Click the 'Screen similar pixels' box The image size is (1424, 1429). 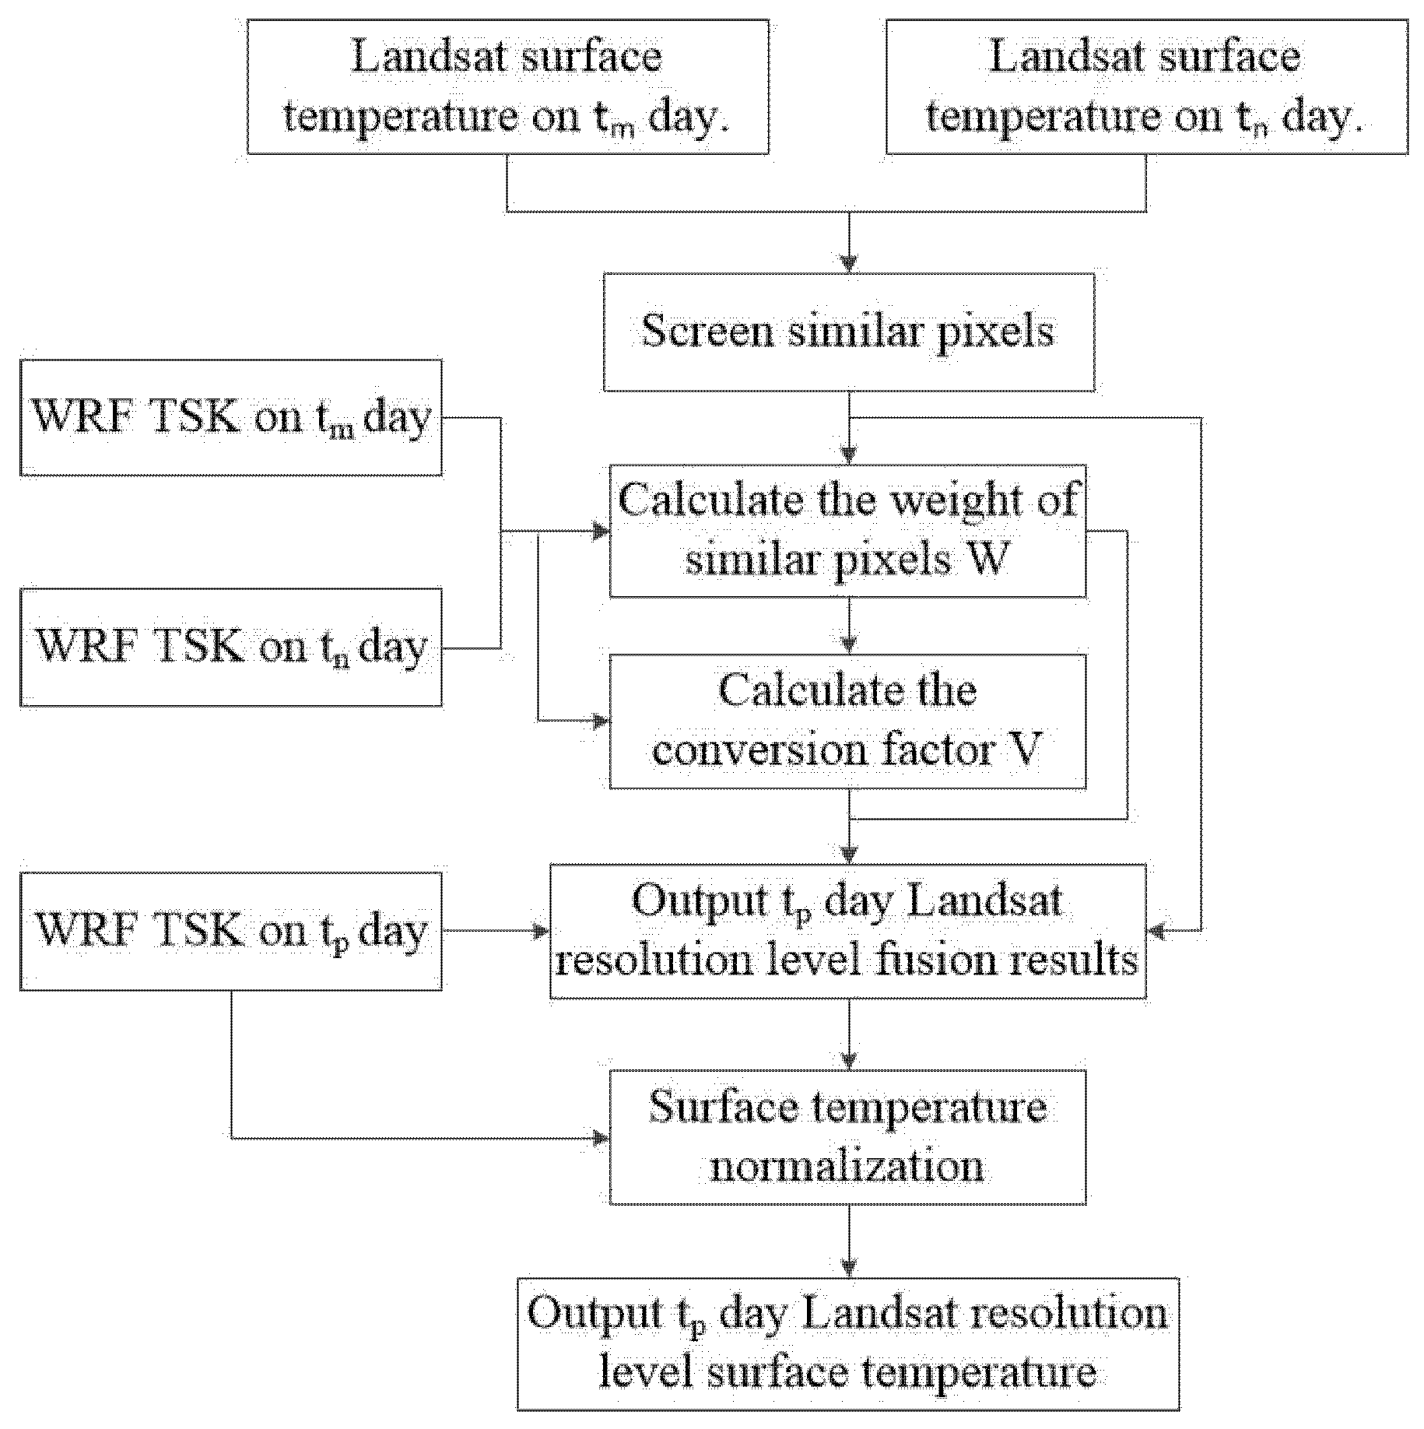848,332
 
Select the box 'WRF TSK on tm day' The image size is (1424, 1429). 231,417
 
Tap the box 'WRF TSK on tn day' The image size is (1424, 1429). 231,647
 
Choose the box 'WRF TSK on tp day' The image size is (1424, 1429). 231,930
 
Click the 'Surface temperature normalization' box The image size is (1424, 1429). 847,1137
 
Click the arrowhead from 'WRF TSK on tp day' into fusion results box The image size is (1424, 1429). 541,930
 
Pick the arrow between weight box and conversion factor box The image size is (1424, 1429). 849,627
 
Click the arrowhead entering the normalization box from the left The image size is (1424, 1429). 601,1138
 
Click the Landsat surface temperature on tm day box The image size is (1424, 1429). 507,87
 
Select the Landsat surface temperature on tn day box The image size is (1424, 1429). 1146,87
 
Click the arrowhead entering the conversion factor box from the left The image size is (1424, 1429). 601,721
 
